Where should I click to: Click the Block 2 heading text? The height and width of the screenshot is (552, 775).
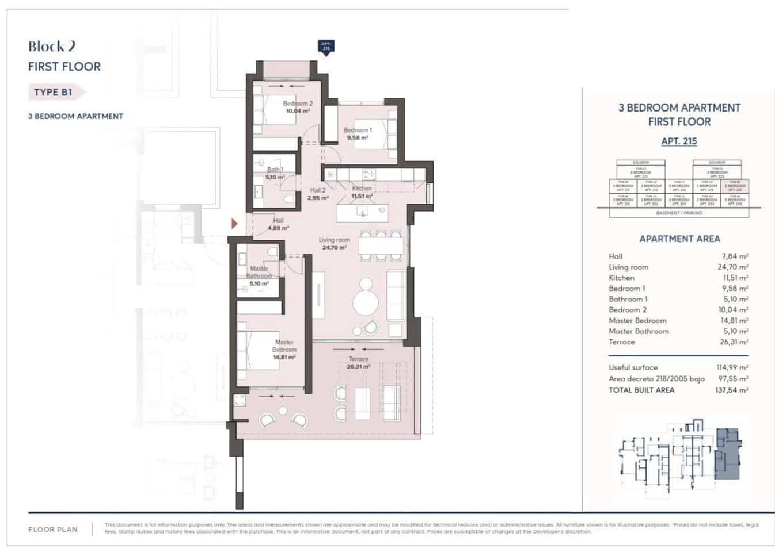pos(52,47)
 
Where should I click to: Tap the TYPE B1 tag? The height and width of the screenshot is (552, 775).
pos(54,92)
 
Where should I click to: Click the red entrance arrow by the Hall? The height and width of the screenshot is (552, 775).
pos(234,223)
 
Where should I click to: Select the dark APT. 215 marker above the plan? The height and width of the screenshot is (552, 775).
pos(326,47)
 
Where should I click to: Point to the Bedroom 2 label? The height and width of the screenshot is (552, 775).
pos(298,103)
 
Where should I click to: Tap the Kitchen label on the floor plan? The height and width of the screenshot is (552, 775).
pos(362,188)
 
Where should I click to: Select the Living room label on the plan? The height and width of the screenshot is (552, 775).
pos(335,240)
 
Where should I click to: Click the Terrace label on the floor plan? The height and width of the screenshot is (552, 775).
pos(358,359)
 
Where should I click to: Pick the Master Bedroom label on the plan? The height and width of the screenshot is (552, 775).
pos(284,346)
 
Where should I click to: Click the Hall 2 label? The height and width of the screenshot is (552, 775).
pos(318,190)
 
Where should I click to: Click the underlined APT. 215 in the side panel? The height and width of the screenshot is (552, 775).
pos(679,141)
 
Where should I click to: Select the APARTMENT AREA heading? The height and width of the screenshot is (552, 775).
pos(679,239)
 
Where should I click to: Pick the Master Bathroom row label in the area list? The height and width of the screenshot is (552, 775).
pos(639,331)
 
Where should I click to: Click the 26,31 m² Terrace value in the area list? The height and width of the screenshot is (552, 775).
pos(734,342)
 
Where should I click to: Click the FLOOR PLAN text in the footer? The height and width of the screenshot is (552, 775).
pos(53,530)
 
